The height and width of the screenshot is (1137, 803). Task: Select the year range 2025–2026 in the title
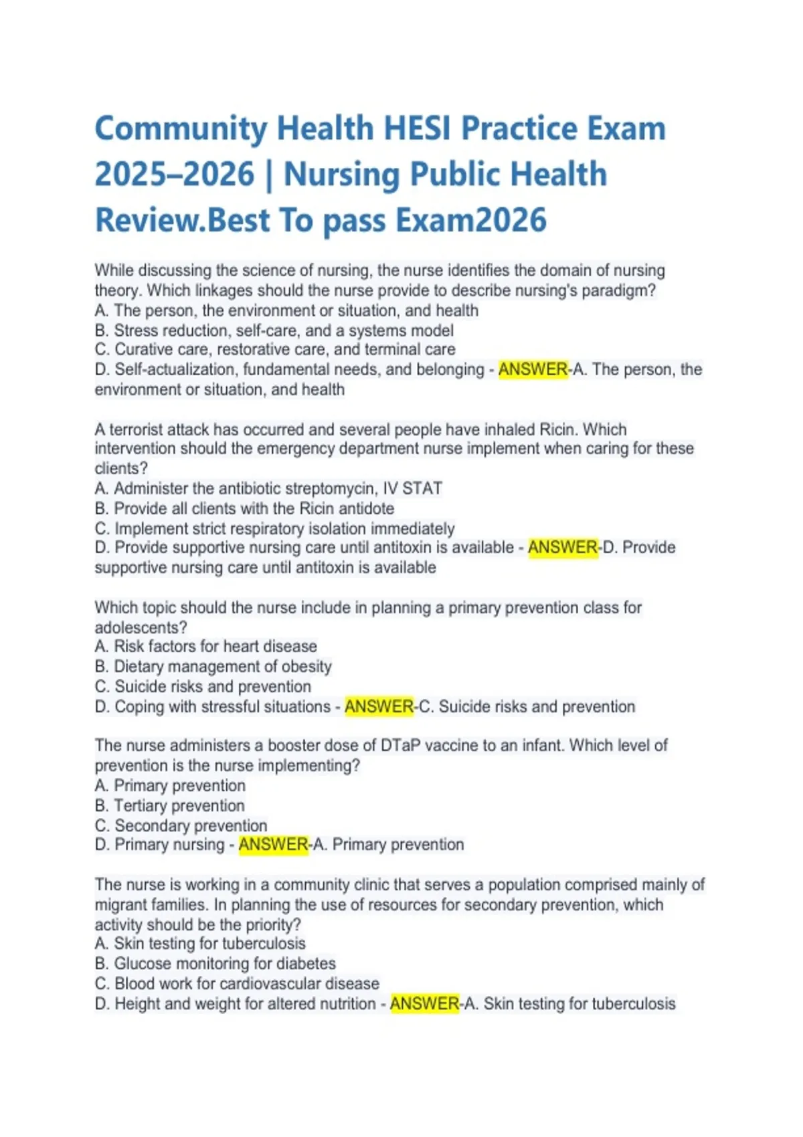click(175, 175)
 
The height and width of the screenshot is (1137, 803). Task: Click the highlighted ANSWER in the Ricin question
click(562, 548)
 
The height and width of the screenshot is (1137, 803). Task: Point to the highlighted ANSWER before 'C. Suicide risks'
click(379, 707)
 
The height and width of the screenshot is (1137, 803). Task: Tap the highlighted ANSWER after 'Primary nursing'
click(273, 845)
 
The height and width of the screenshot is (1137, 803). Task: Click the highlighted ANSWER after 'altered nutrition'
click(424, 1004)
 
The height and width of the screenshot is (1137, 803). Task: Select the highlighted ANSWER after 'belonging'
click(533, 370)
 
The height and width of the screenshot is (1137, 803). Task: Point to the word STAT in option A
click(422, 489)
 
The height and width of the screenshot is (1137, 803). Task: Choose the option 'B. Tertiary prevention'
click(170, 806)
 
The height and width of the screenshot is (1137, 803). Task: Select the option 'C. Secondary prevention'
click(181, 826)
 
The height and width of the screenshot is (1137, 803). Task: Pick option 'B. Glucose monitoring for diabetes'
click(215, 964)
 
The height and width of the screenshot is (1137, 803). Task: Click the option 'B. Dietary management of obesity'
click(213, 667)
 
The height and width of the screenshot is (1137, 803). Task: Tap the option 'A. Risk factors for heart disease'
click(205, 647)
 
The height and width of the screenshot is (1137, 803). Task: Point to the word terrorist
click(138, 429)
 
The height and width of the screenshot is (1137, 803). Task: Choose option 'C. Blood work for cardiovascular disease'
click(237, 984)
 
